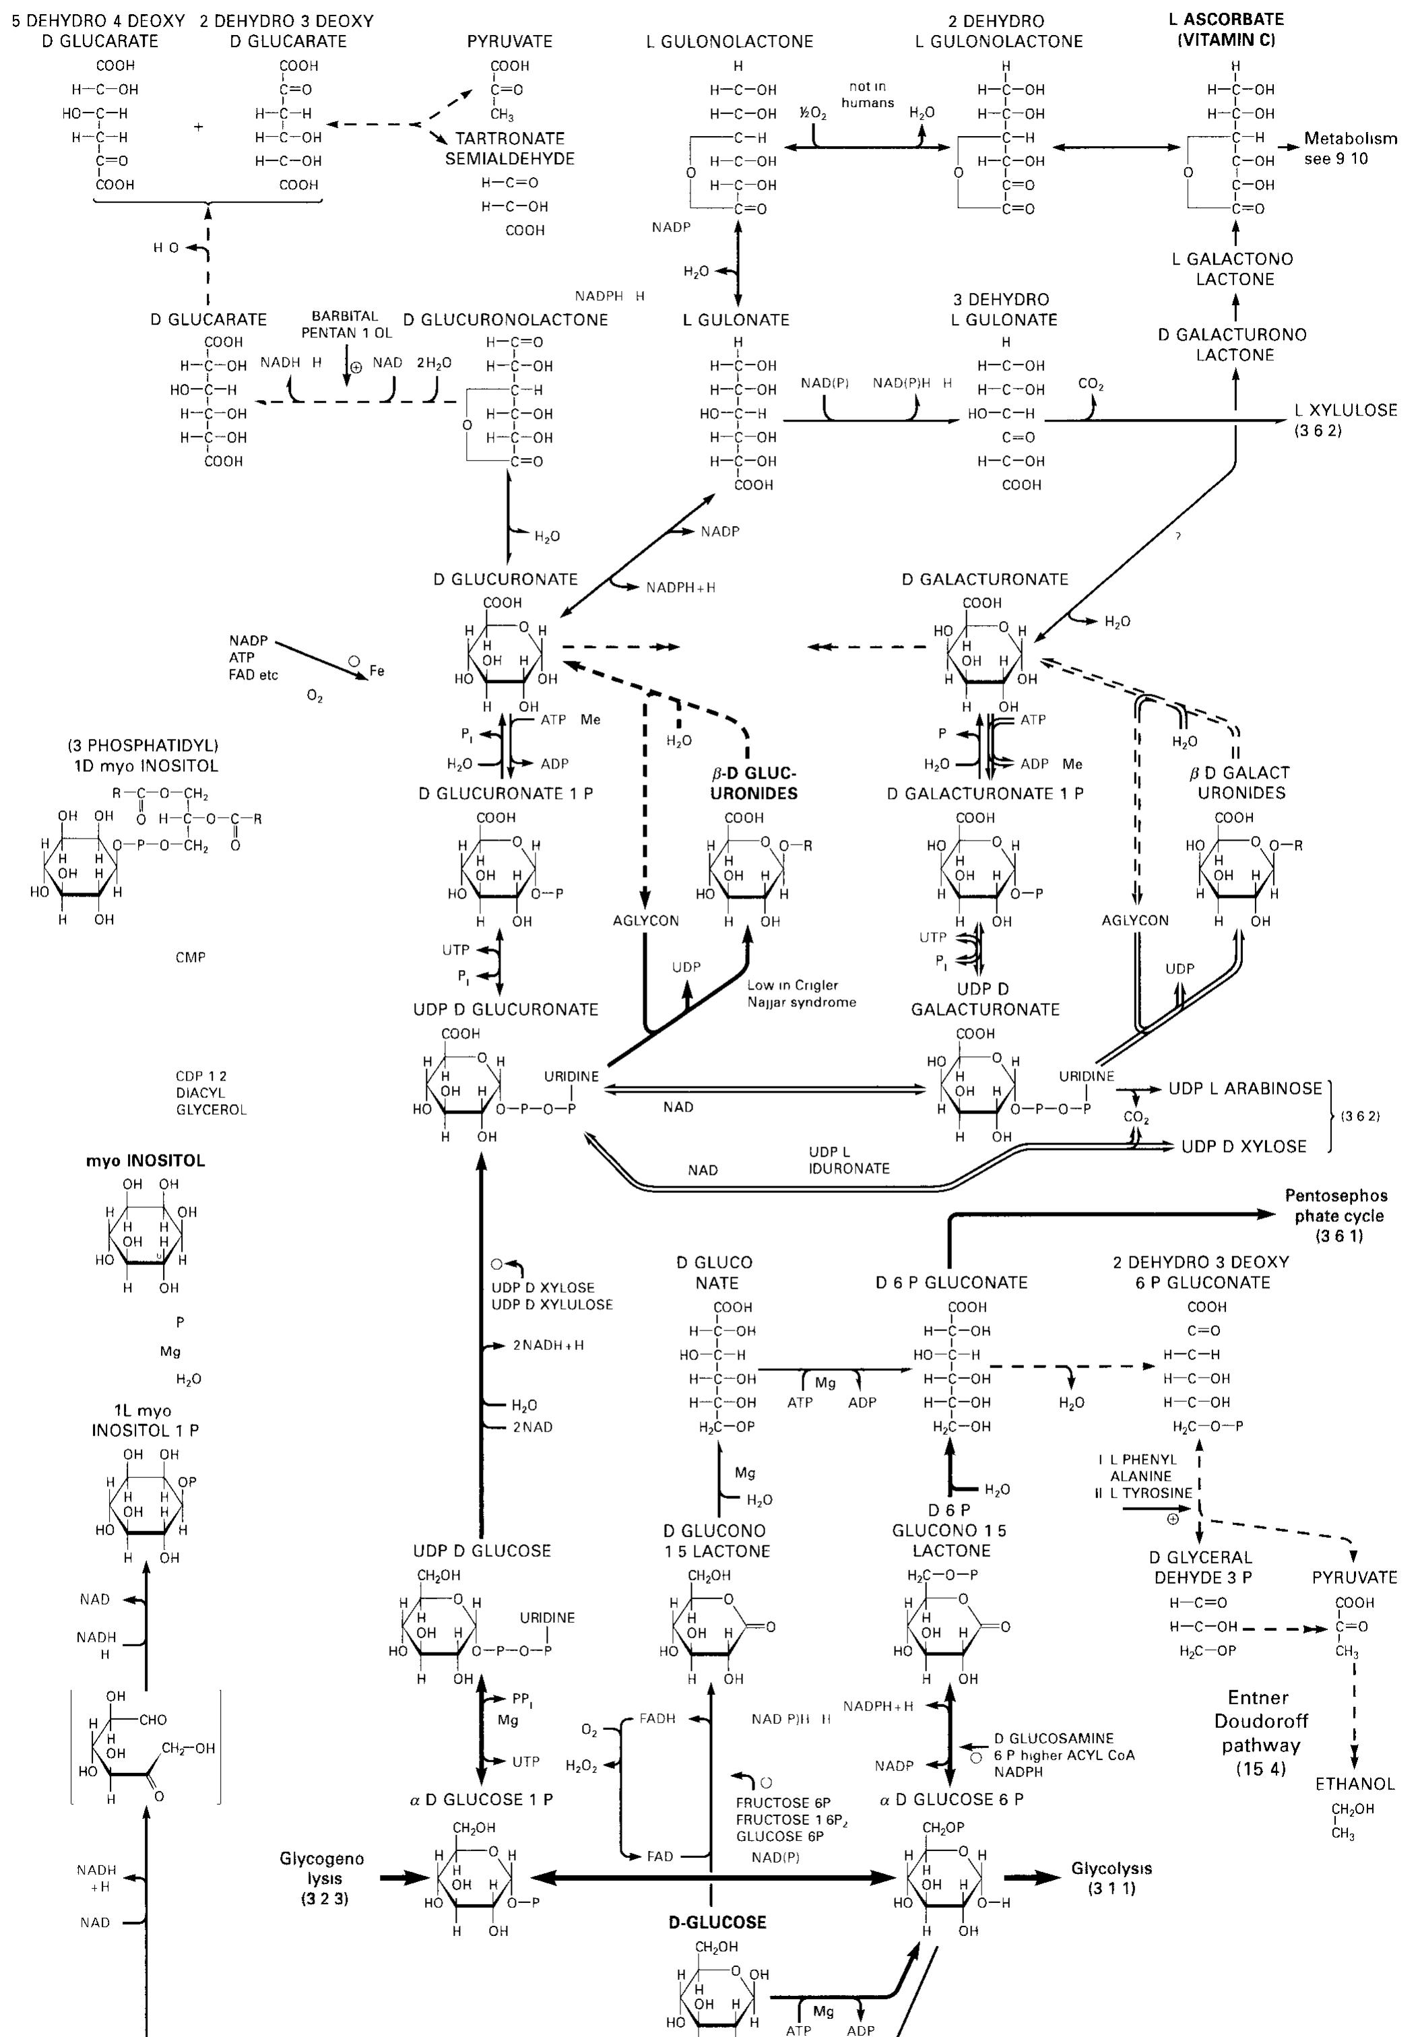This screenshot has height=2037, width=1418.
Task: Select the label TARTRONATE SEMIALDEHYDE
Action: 509,149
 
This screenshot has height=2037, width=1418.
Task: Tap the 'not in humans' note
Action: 867,94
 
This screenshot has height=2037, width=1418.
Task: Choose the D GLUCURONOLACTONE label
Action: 505,320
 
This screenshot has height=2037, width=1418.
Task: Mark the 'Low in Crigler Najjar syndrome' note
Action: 801,994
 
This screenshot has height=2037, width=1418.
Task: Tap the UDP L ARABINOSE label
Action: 1245,1089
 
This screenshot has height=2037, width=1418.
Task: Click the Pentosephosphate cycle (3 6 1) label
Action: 1338,1215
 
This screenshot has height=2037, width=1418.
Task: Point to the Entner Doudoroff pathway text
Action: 1260,1733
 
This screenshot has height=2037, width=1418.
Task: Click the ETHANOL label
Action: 1354,1783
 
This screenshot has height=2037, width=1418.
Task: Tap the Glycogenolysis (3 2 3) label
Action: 322,1878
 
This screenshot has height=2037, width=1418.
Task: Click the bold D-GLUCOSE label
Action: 717,1922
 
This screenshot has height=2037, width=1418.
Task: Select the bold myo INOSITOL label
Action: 145,1161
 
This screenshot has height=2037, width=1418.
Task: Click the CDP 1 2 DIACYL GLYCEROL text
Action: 210,1093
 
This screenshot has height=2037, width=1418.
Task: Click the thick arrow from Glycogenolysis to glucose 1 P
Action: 404,1878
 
